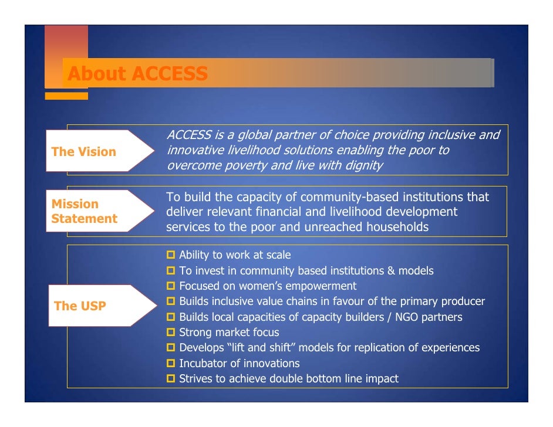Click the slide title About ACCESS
coord(137,74)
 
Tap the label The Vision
coord(83,152)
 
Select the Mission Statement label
coord(83,211)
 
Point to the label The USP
coord(80,306)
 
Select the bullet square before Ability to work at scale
coord(171,255)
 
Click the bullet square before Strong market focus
coord(171,333)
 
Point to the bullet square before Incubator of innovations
coord(171,364)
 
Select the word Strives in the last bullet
coord(195,379)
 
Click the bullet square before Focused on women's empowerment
coord(171,286)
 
